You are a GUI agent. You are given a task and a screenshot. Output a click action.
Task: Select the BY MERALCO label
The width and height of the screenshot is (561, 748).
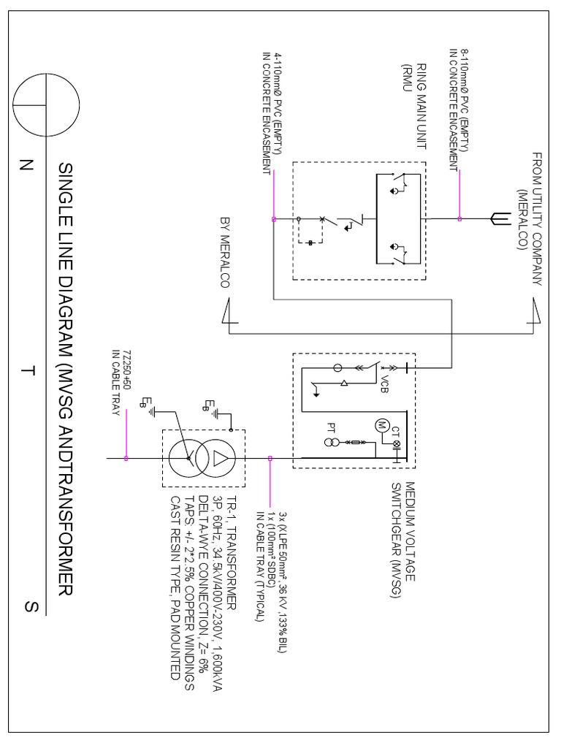224,253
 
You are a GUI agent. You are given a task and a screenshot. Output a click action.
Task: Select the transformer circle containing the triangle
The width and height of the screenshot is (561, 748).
220,459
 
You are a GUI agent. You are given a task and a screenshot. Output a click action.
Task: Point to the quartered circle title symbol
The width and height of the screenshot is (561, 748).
47,104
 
